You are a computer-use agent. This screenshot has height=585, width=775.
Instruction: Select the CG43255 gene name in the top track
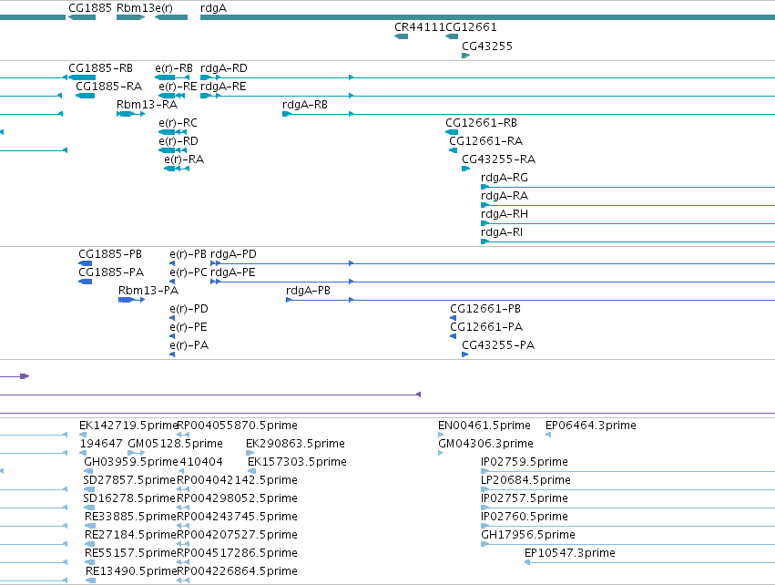487,46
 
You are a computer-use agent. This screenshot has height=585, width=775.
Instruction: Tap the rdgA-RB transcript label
305,105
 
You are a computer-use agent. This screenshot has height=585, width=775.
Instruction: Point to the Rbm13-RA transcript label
147,105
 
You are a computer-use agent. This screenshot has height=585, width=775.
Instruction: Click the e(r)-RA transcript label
184,159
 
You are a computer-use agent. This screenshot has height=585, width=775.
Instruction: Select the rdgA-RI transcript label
502,232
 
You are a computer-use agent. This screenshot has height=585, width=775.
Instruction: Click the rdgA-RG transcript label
505,178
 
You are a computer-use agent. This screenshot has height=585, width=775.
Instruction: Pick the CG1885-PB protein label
110,254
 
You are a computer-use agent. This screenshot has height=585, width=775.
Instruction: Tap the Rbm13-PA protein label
148,291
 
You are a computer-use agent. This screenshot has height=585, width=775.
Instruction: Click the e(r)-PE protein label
189,327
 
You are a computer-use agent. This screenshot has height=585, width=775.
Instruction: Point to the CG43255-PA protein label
498,345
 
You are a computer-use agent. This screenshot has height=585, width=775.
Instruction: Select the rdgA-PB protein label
308,291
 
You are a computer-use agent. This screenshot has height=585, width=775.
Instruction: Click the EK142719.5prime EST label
128,426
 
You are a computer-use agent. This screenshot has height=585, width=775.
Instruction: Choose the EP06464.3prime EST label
591,426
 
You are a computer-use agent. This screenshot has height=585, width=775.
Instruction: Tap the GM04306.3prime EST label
486,444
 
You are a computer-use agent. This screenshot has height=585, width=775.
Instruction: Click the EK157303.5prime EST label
297,462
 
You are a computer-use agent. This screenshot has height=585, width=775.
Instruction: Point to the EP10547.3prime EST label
570,553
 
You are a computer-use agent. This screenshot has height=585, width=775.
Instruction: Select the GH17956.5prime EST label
528,535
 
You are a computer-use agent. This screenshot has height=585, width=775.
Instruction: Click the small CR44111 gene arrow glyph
402,36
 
